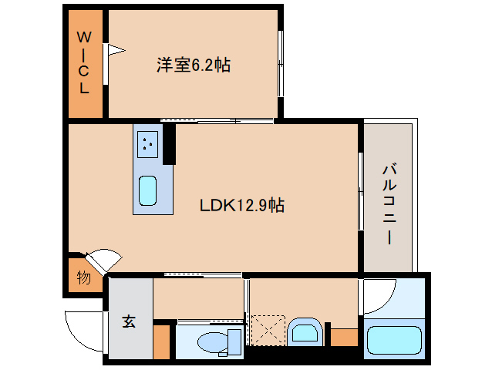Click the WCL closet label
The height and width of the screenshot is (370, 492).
click(84, 62)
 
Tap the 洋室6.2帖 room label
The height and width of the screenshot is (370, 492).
click(194, 65)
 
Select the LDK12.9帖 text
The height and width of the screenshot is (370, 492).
click(242, 205)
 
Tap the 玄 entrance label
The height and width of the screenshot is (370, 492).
click(128, 322)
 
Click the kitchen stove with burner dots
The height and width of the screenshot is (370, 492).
click(148, 143)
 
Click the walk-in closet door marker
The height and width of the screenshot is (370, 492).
click(114, 51)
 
